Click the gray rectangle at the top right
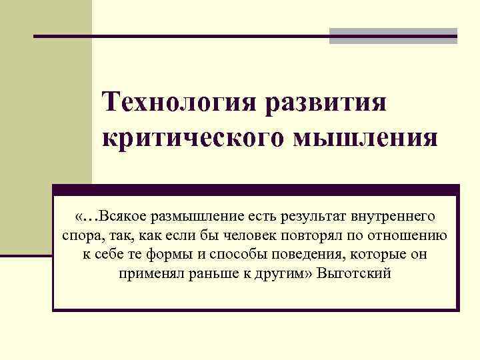pos(393,35)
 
